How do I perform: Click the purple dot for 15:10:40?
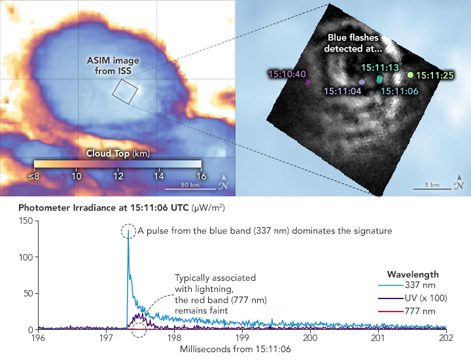click(307, 82)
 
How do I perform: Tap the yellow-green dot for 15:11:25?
click(410, 75)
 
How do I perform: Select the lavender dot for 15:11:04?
click(362, 82)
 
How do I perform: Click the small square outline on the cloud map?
click(125, 92)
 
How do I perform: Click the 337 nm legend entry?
click(410, 287)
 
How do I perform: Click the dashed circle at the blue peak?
click(129, 231)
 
